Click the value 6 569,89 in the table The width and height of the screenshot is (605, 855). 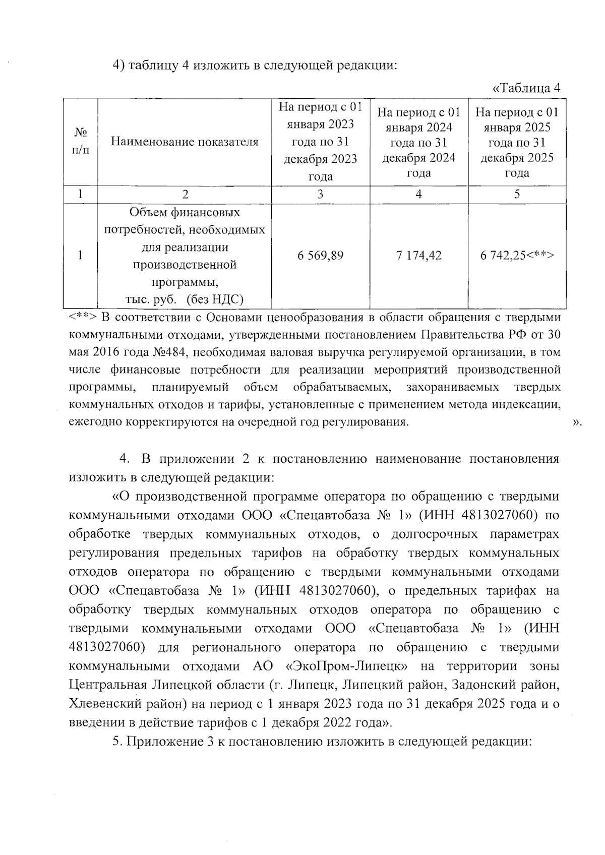pyautogui.click(x=320, y=256)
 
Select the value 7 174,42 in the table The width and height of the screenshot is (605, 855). pyautogui.click(x=418, y=256)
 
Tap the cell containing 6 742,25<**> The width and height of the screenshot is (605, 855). pyautogui.click(x=517, y=256)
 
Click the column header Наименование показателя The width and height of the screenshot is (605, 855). pyautogui.click(x=184, y=142)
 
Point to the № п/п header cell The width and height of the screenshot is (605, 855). pyautogui.click(x=80, y=142)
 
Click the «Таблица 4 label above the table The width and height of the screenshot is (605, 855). pyautogui.click(x=526, y=88)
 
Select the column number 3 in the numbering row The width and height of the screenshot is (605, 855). pyautogui.click(x=320, y=195)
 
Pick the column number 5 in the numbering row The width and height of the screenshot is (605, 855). pyautogui.click(x=517, y=195)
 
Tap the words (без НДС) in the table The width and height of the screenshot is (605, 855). pyautogui.click(x=215, y=300)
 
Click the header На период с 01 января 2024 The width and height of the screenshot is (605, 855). pyautogui.click(x=418, y=142)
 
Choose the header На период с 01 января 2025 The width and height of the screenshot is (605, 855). pyautogui.click(x=517, y=142)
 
